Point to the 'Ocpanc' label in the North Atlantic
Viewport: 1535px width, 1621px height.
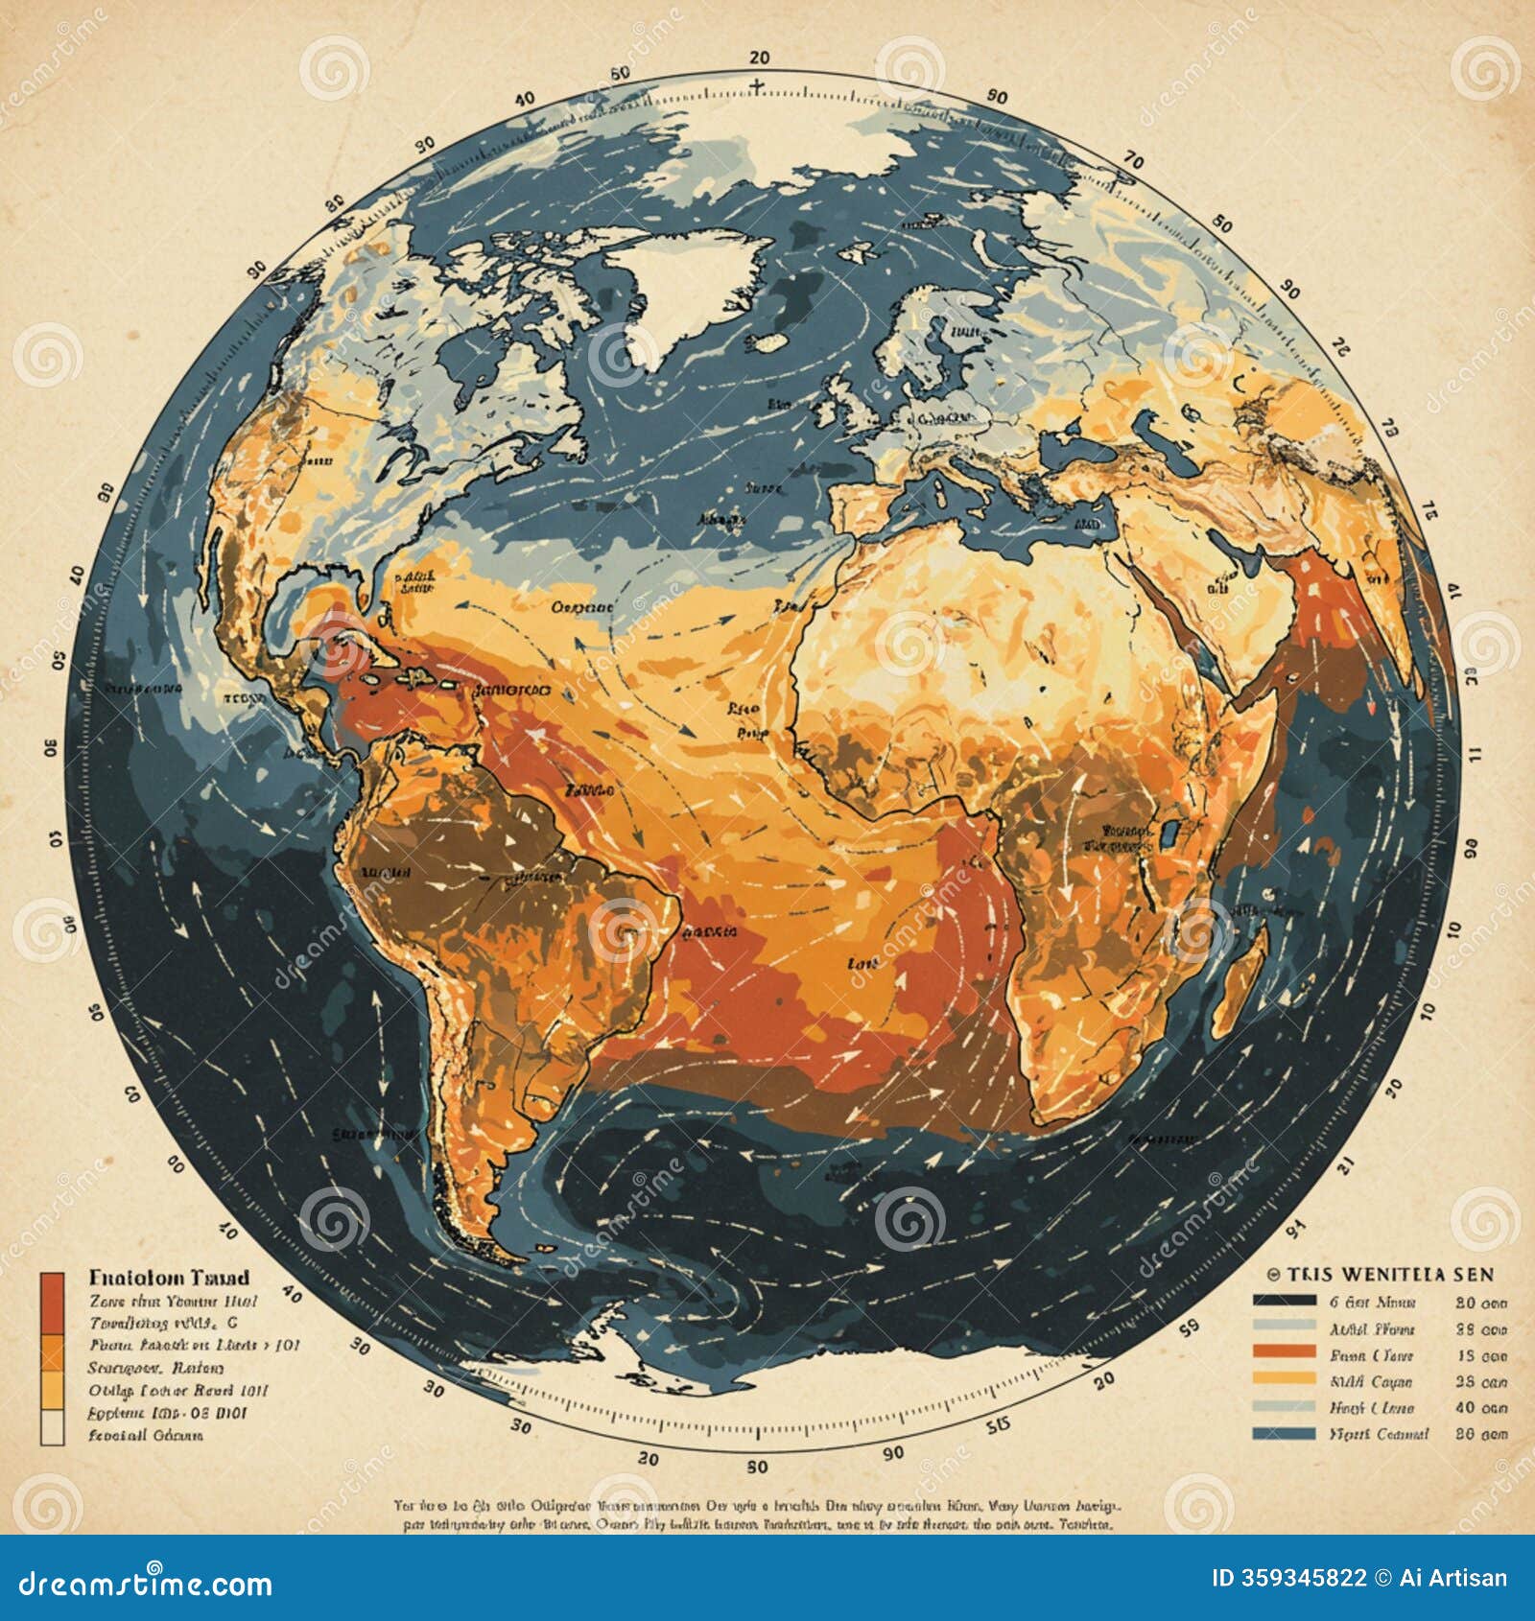coord(582,606)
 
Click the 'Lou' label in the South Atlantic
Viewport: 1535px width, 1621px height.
coord(863,963)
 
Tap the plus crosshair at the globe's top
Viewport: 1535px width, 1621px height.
coord(758,86)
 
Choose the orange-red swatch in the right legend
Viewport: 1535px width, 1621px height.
coord(1284,1352)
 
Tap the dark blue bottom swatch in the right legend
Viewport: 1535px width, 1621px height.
coord(1284,1433)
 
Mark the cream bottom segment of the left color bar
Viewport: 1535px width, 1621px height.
coord(52,1426)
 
